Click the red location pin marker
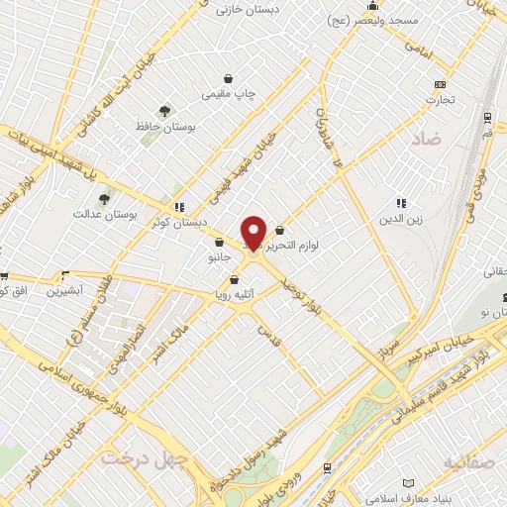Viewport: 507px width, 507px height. (x=253, y=232)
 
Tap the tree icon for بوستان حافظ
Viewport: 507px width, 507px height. (x=164, y=110)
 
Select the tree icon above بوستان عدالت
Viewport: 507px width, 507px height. (x=105, y=199)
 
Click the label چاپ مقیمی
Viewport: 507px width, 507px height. (x=230, y=94)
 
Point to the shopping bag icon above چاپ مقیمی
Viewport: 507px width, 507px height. (x=230, y=78)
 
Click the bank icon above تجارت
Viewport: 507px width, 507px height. (x=440, y=84)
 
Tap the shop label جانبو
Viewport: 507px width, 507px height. (x=219, y=257)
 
